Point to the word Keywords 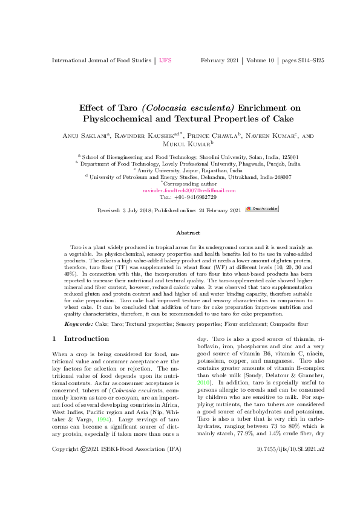click(79, 325)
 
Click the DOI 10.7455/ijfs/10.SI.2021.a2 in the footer click(291, 484)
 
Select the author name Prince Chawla click(217, 137)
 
